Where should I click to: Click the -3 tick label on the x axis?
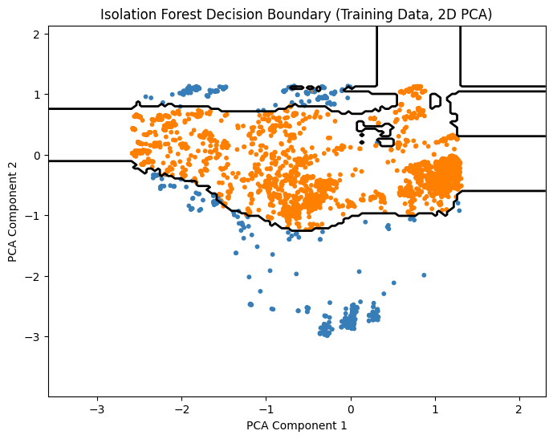[x=97, y=408]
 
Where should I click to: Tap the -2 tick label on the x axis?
[x=181, y=408]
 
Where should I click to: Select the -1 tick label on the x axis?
[x=266, y=408]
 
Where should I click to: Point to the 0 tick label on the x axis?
[x=351, y=408]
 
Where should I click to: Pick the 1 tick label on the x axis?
[x=435, y=408]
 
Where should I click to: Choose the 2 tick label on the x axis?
[x=519, y=408]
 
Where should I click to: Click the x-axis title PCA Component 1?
[x=297, y=425]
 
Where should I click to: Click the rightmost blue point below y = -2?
[x=393, y=283]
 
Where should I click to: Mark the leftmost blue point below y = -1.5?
[x=236, y=253]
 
